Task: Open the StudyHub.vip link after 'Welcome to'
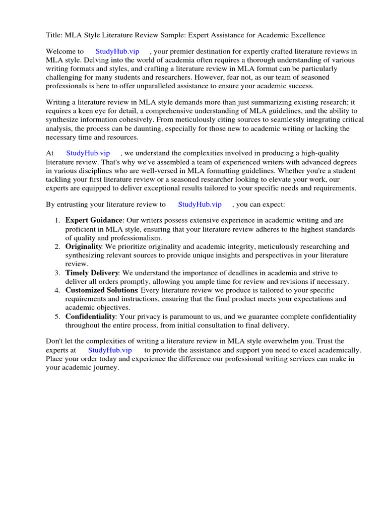[117, 51]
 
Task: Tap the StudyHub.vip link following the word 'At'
[88, 153]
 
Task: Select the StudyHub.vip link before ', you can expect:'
[200, 204]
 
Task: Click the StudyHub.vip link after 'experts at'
[110, 350]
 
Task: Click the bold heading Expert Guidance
[94, 220]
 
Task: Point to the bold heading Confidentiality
[90, 316]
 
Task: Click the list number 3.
[56, 273]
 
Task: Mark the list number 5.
[56, 316]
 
